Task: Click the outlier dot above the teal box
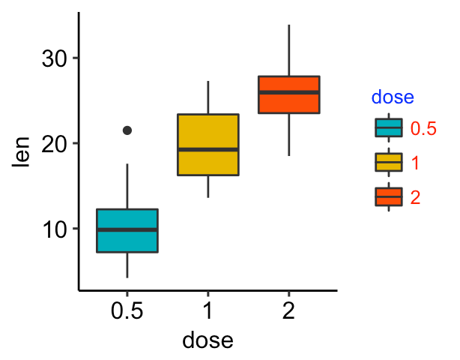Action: pos(127,130)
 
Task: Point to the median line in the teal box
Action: pos(127,229)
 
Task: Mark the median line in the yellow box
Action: pos(208,149)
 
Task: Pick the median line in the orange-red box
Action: pos(288,92)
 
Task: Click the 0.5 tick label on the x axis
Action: pos(127,312)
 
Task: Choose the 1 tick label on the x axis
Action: pos(208,312)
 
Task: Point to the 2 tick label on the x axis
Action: pos(288,312)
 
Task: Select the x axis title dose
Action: pos(208,340)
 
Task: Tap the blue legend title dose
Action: pos(393,97)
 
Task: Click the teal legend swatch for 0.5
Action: pos(389,128)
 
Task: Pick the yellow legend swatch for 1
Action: pos(389,163)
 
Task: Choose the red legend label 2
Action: pos(415,197)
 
